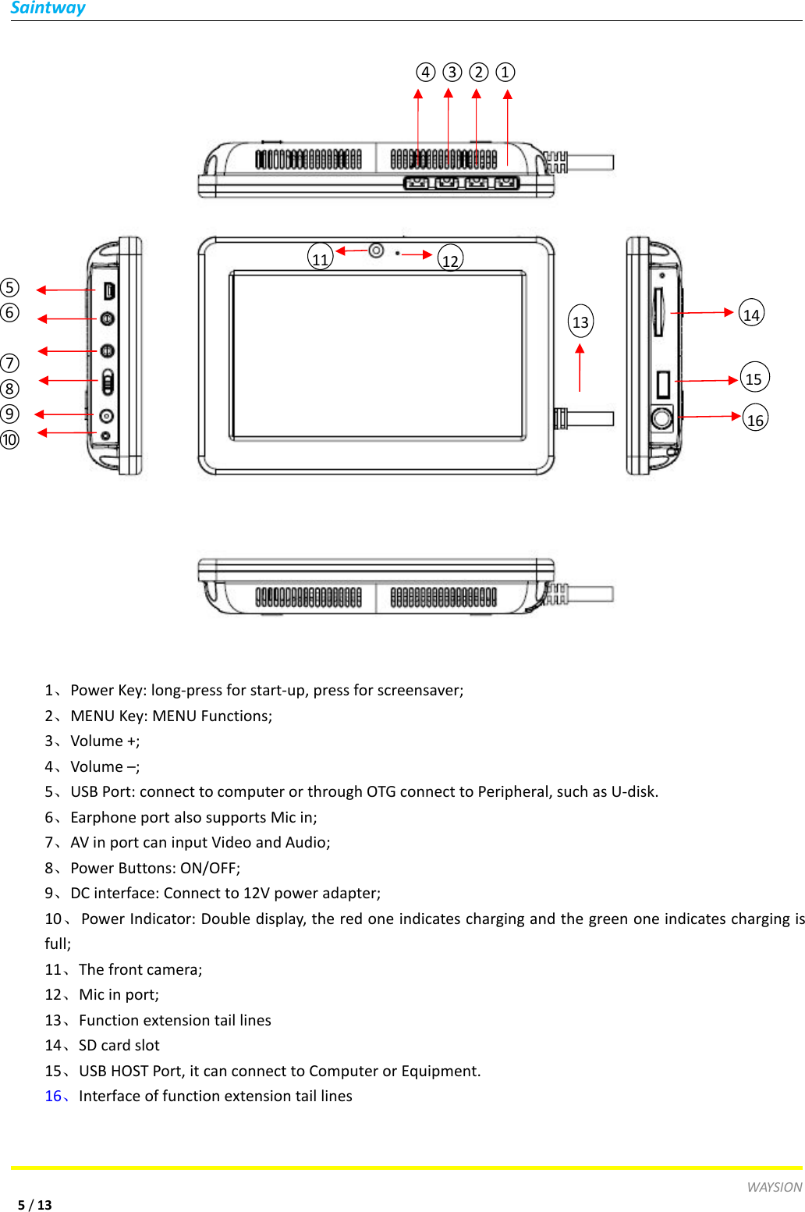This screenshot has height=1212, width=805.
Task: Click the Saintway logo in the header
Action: [x=48, y=9]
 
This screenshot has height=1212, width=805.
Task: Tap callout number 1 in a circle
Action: [x=505, y=73]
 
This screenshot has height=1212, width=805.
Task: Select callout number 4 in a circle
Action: [x=425, y=73]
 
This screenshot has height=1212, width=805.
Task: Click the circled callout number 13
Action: [x=580, y=322]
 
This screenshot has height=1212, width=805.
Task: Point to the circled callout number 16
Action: [x=755, y=418]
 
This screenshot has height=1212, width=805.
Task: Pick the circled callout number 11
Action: [x=321, y=258]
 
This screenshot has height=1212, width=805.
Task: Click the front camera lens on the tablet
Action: [x=376, y=251]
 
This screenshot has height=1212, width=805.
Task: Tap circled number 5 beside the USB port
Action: [x=10, y=287]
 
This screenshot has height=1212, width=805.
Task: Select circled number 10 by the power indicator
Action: [x=10, y=439]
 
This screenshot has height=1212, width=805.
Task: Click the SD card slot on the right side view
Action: [x=658, y=311]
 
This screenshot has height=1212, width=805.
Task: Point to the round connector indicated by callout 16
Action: [x=661, y=418]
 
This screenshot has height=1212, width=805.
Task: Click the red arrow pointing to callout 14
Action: [x=702, y=312]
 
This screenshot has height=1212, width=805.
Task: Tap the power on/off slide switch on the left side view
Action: [x=108, y=382]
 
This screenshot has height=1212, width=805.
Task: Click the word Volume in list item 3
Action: [x=97, y=741]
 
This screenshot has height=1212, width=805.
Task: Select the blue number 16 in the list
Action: [x=53, y=1096]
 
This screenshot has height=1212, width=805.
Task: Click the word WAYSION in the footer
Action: [x=774, y=1187]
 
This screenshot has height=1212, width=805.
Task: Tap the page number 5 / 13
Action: [x=35, y=1204]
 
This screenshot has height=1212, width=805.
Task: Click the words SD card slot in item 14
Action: [x=119, y=1045]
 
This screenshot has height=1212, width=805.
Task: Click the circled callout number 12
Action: [x=450, y=259]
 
